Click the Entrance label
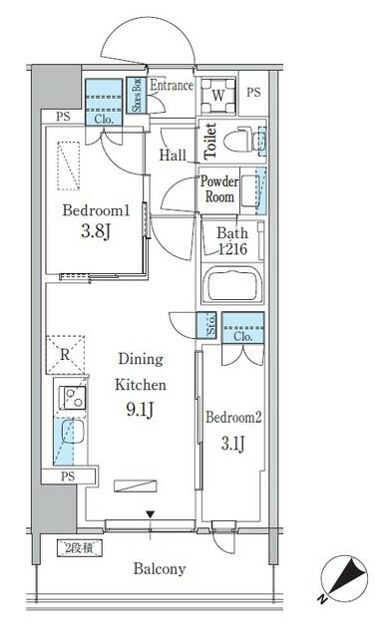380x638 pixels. click(x=171, y=86)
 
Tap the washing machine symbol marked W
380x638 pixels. click(x=218, y=98)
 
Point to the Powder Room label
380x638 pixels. click(x=219, y=188)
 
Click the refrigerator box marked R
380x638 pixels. click(x=64, y=352)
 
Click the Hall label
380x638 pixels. click(x=174, y=156)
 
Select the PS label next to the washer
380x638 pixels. click(x=252, y=93)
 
